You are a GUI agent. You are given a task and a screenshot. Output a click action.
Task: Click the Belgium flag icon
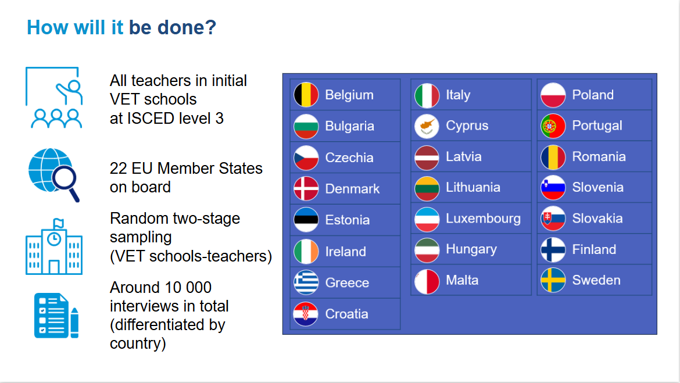pyautogui.click(x=306, y=95)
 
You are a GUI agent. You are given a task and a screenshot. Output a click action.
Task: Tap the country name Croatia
pyautogui.click(x=346, y=314)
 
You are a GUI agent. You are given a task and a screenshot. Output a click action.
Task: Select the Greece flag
pyautogui.click(x=306, y=282)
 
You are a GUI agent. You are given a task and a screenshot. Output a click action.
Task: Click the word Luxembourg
pyautogui.click(x=483, y=218)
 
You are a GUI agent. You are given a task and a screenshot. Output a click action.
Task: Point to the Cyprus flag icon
pyautogui.click(x=427, y=126)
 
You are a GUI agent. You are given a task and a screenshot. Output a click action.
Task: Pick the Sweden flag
pyautogui.click(x=553, y=280)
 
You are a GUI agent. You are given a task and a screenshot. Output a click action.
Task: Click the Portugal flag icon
pyautogui.click(x=553, y=126)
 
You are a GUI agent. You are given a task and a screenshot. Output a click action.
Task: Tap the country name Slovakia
pyautogui.click(x=597, y=218)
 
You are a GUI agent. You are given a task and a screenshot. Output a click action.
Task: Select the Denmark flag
pyautogui.click(x=306, y=189)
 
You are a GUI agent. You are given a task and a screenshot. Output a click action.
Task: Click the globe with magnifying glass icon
pyautogui.click(x=54, y=174)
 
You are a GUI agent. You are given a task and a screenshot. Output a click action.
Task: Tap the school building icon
pyautogui.click(x=54, y=246)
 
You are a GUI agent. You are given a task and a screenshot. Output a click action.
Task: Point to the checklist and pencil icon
pyautogui.click(x=56, y=316)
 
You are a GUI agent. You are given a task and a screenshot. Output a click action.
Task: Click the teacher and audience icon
pyautogui.click(x=54, y=98)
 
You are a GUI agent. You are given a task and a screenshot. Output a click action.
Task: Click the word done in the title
pyautogui.click(x=187, y=27)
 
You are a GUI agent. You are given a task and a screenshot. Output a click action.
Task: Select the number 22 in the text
pyautogui.click(x=119, y=169)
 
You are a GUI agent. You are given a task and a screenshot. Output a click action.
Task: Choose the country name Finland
pyautogui.click(x=594, y=249)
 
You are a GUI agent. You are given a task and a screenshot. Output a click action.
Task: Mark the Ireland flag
pyautogui.click(x=306, y=252)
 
